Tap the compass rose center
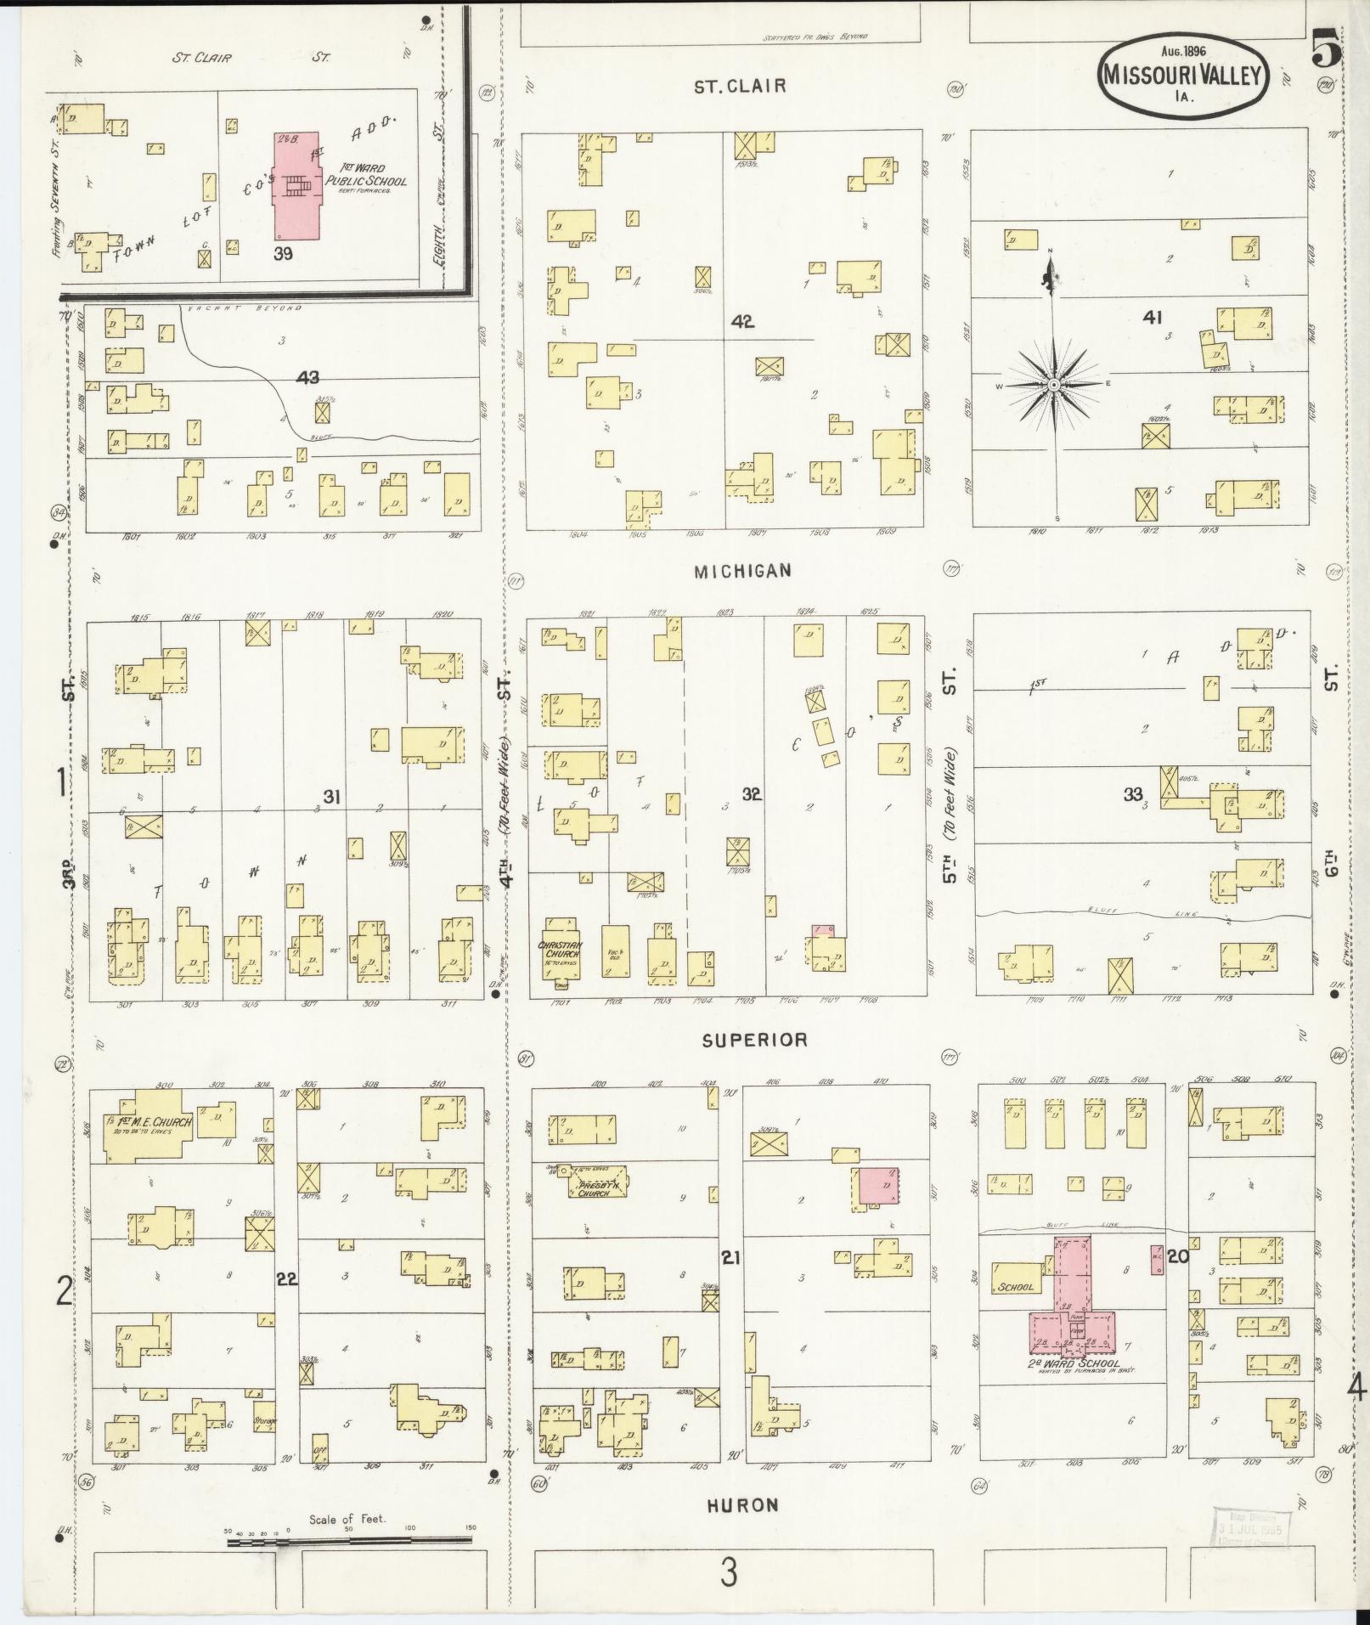coord(1053,385)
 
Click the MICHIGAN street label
coord(742,571)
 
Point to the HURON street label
coord(742,1505)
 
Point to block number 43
coord(307,377)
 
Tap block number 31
coord(331,795)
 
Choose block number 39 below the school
coord(283,253)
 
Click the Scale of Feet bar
coord(349,1538)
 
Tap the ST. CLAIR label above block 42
coord(740,86)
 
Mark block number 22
coord(286,1278)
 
